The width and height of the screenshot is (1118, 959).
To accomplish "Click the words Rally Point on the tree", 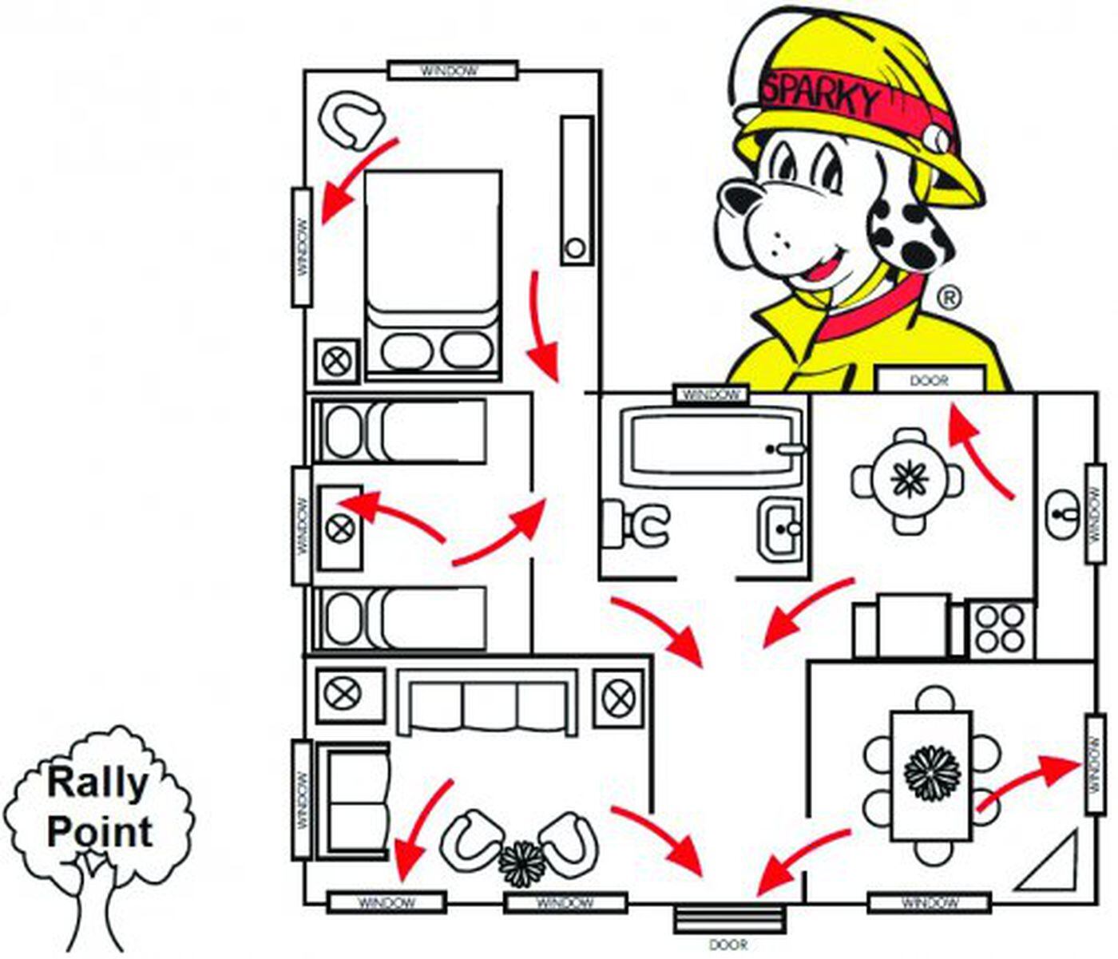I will [x=99, y=806].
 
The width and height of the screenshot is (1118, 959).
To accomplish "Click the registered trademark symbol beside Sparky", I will [x=948, y=298].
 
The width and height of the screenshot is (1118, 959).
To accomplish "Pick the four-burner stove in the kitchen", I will [x=1001, y=628].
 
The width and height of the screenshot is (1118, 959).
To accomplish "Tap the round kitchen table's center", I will [x=908, y=481].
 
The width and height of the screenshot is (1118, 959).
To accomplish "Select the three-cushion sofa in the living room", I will [x=488, y=703].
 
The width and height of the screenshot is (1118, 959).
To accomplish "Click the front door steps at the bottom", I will [x=727, y=920].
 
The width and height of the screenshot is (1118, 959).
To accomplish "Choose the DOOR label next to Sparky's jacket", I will [x=928, y=380].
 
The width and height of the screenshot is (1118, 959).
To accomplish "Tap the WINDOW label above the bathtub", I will [x=712, y=394].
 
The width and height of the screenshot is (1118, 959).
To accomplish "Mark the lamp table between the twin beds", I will [x=340, y=527].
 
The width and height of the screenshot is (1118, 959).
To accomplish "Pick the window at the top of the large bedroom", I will [x=452, y=70].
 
